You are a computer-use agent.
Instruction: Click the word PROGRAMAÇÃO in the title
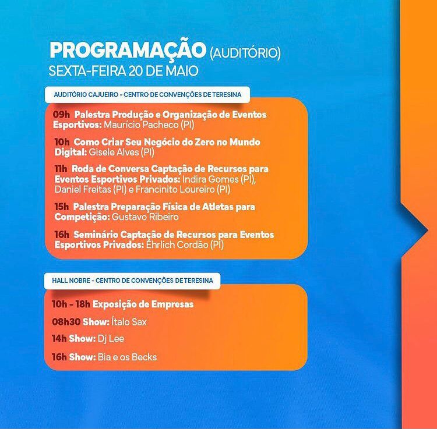(128, 50)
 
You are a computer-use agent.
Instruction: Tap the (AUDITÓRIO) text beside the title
(245, 53)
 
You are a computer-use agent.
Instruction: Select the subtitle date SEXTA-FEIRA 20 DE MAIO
(124, 71)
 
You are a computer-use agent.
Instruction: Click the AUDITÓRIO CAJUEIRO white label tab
(147, 95)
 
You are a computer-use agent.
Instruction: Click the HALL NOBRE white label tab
(132, 281)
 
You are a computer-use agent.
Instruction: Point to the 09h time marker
(61, 115)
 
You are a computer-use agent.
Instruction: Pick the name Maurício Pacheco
(141, 125)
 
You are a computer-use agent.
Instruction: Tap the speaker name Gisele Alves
(114, 153)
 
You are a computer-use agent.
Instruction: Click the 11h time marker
(61, 169)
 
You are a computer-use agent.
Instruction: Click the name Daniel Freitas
(83, 190)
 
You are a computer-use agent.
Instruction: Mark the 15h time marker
(62, 207)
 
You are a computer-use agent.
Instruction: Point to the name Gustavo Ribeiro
(145, 217)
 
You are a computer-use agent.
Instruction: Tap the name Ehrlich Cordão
(177, 244)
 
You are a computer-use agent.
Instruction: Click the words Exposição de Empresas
(143, 304)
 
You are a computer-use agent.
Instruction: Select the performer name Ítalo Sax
(129, 322)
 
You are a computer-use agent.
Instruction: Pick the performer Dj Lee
(111, 339)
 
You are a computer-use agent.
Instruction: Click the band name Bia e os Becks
(128, 357)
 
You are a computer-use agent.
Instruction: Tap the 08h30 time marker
(66, 322)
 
